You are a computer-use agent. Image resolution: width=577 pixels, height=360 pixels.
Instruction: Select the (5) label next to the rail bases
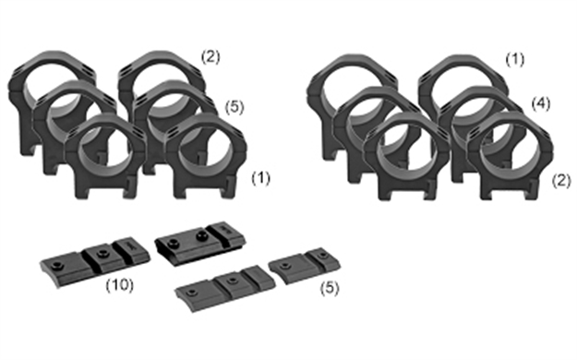(328, 287)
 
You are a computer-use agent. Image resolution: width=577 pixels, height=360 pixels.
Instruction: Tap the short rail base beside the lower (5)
(305, 265)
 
